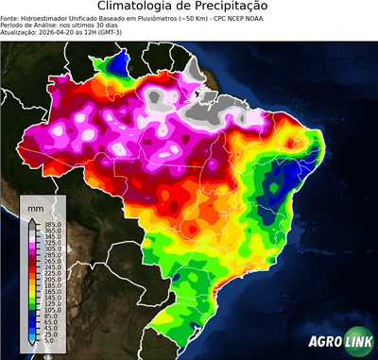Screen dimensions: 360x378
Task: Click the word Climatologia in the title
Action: coord(140,8)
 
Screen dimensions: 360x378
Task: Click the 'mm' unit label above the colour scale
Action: coord(36,206)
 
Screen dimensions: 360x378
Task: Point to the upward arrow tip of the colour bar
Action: coord(32,218)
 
